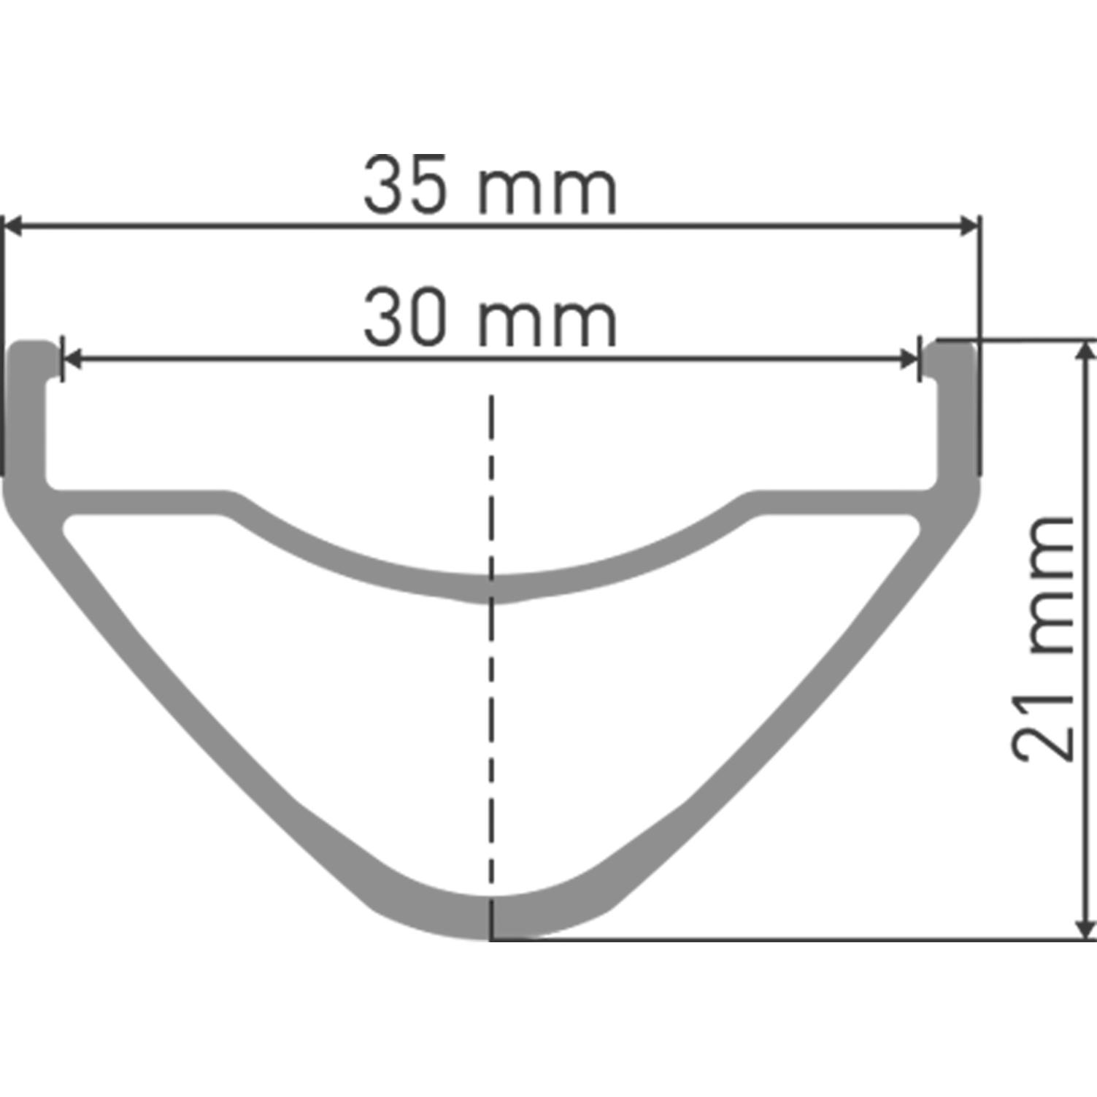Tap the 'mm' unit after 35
click(x=547, y=191)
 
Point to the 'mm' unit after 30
click(x=547, y=323)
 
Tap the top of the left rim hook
click(x=35, y=346)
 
